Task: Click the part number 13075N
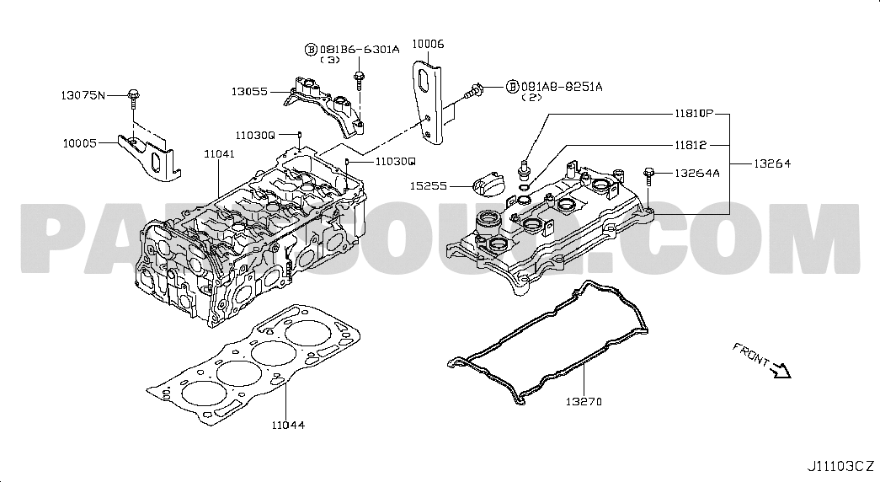click(x=83, y=94)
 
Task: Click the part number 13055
click(x=250, y=90)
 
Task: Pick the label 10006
click(x=427, y=43)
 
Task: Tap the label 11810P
click(x=692, y=113)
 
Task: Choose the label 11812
click(x=689, y=145)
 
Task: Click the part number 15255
click(x=429, y=185)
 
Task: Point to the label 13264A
click(x=697, y=174)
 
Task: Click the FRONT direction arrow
click(x=779, y=368)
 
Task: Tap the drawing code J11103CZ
click(x=840, y=466)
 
